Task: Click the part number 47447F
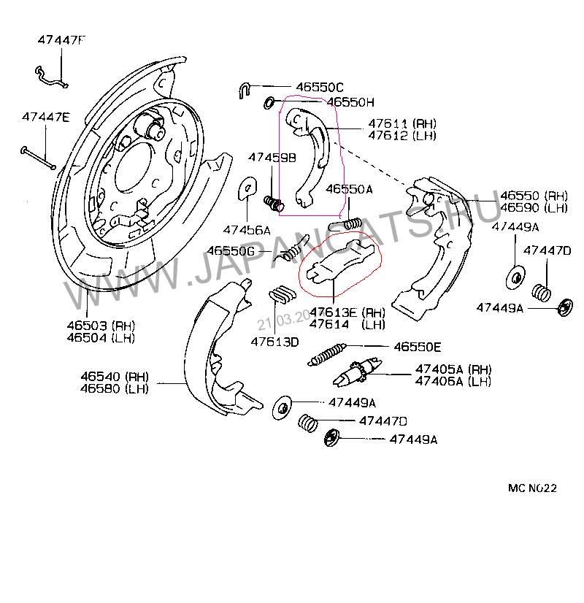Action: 61,41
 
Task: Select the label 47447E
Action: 45,117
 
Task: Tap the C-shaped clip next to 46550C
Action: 245,90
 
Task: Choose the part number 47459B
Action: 272,157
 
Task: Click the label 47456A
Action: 246,229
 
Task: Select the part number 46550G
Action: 230,250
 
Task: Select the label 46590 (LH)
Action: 534,208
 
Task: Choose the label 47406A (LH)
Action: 453,381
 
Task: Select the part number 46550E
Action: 418,347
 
